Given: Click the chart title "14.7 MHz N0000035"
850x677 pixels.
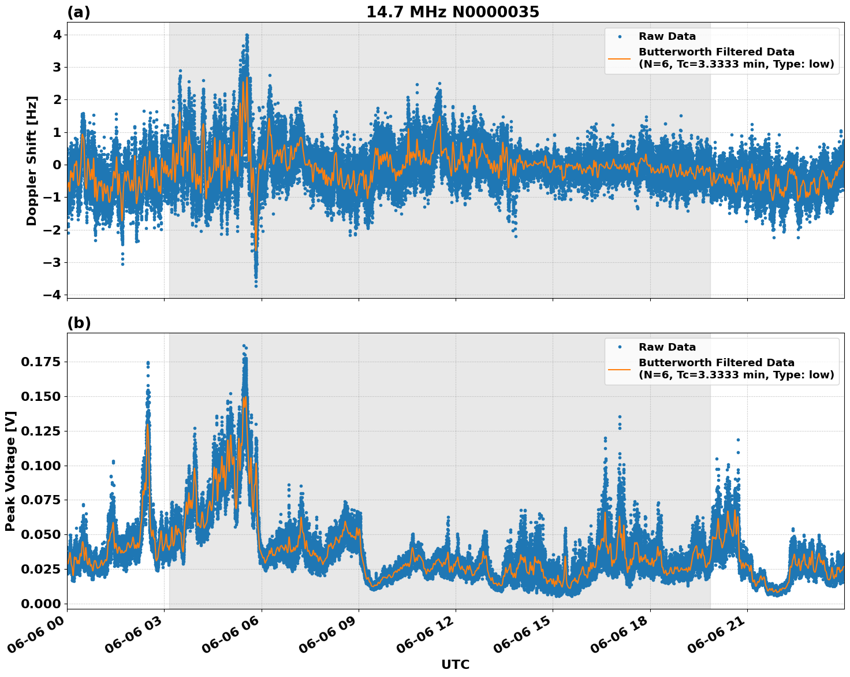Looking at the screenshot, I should (452, 12).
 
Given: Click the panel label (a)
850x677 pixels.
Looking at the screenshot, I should (79, 12).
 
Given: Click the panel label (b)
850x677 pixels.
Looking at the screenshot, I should (79, 323).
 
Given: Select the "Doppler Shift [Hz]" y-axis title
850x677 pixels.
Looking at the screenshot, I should (32, 161).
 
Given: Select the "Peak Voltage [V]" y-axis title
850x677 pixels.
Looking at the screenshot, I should (10, 471).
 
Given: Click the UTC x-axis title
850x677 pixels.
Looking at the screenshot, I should (455, 664).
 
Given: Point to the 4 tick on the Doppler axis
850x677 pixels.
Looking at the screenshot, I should (57, 35).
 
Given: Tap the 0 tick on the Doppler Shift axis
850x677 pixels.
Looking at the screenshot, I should (57, 165).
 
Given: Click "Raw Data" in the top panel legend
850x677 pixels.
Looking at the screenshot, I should (667, 36).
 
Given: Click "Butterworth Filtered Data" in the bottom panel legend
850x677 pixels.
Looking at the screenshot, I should (716, 363).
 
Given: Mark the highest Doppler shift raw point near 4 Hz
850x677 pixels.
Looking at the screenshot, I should (247, 35).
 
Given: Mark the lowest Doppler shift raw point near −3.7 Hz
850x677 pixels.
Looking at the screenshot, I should (256, 285).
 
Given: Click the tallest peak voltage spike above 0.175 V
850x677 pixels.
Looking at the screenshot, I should (244, 346).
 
